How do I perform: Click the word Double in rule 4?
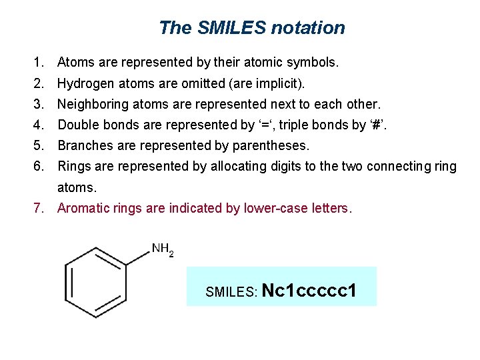77,125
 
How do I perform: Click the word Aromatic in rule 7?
82,208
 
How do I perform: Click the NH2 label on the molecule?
162,250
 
